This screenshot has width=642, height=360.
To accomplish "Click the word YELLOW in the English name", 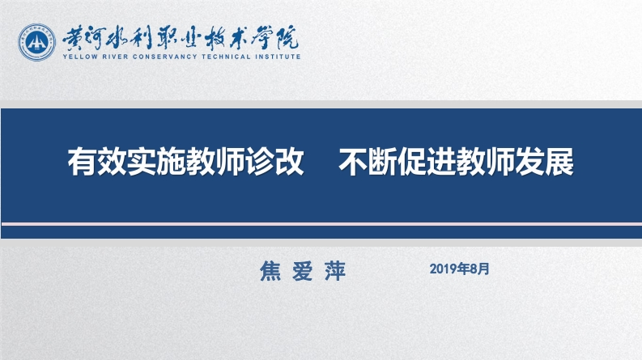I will [79, 57].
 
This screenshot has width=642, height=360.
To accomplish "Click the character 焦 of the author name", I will [269, 270].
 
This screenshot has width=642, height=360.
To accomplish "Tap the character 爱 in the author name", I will [302, 270].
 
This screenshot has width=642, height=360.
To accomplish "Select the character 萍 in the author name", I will [334, 270].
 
